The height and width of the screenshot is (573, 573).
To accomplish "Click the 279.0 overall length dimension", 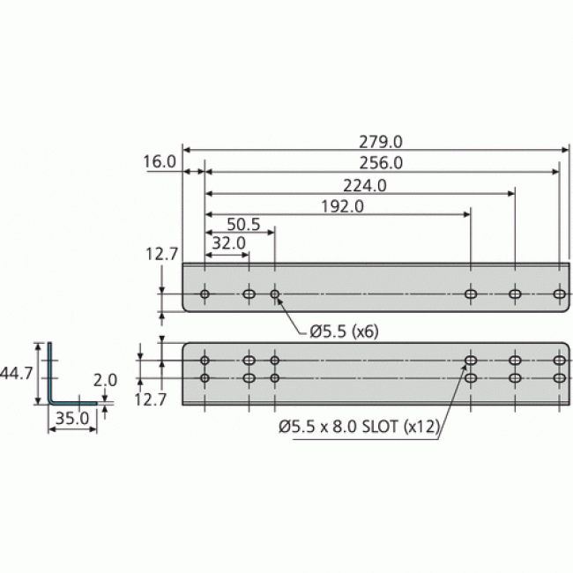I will tap(381, 141).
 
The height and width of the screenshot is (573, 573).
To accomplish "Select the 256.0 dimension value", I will tap(381, 162).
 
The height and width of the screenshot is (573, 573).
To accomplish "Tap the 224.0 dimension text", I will tap(364, 185).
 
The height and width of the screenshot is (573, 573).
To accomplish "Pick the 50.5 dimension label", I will tap(244, 225).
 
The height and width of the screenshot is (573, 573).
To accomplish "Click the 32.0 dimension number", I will tap(228, 243).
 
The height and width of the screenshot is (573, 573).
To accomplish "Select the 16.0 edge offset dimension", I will tap(159, 162).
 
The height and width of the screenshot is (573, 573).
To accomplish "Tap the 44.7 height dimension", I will tap(17, 374).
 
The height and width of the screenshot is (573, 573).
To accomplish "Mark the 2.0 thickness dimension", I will tap(106, 381).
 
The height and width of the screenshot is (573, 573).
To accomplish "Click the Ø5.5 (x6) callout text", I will tap(344, 331).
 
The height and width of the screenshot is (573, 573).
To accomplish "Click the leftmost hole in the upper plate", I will tap(205, 294).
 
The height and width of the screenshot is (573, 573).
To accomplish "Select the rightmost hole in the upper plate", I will tap(559, 294).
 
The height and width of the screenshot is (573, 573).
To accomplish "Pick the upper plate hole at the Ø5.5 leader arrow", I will tap(275, 294).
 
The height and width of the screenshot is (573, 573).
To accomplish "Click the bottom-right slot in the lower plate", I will tap(559, 378).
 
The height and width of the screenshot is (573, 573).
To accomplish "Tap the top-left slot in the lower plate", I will tap(205, 361).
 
